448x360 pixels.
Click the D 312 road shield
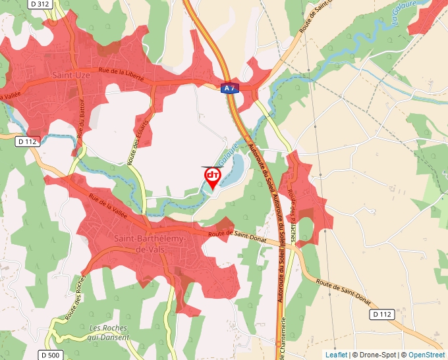tap(40, 4)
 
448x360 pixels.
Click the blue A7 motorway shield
tap(229, 88)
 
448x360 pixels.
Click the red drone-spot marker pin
tap(213, 176)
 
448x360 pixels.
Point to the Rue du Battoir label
tap(82, 122)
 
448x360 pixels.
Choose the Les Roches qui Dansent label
tap(109, 332)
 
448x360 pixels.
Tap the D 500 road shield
tap(50, 355)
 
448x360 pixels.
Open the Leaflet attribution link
tap(336, 355)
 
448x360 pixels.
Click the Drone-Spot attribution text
tap(375, 355)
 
